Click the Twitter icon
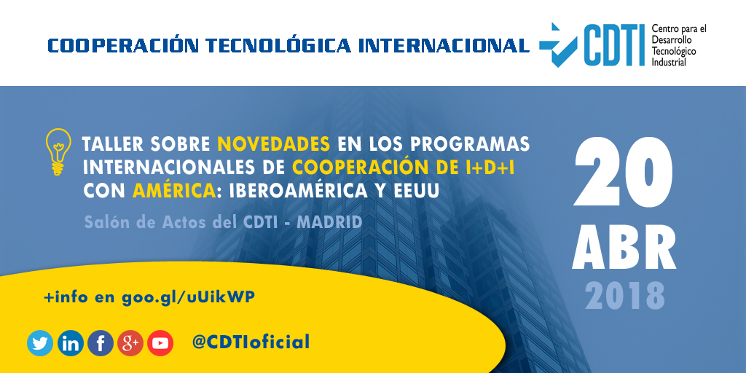coord(40,342)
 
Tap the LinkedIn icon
coord(70,342)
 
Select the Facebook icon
coord(101,342)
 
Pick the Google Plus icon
coord(130,342)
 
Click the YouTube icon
coord(160,342)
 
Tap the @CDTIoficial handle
coord(251,342)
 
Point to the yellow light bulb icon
coord(58,151)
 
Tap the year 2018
coord(624,296)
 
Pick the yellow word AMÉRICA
coord(173,191)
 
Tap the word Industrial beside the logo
coord(668,63)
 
